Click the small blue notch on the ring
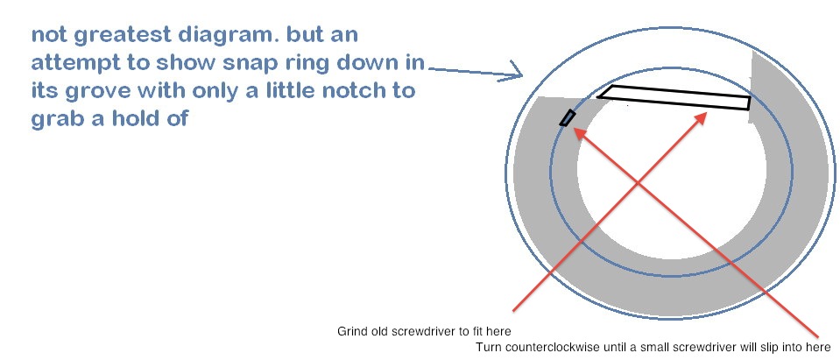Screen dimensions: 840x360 [568, 118]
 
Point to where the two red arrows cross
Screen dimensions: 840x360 [637, 183]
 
